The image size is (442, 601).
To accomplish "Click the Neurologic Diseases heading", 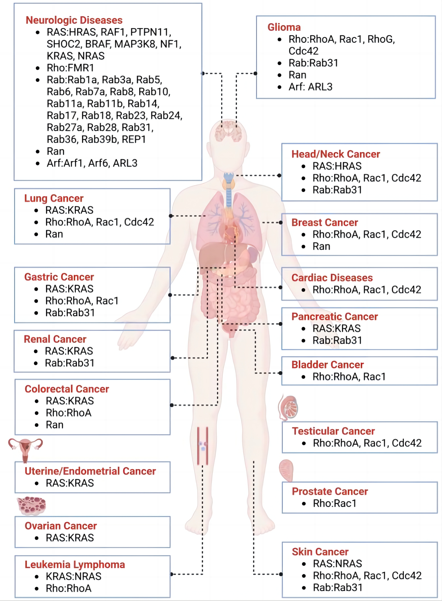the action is (x=74, y=20).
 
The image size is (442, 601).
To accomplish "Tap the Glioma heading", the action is (x=284, y=27).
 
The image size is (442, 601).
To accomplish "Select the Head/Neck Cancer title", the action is (x=336, y=154).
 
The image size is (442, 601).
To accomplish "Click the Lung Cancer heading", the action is (x=54, y=198).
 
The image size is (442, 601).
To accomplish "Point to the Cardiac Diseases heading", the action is (x=332, y=278).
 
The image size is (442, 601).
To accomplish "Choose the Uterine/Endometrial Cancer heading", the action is (x=90, y=471).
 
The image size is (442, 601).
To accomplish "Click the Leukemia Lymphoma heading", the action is (x=75, y=564).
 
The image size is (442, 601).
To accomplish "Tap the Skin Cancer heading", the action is (x=320, y=552).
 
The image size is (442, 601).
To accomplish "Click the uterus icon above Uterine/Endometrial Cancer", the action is (x=25, y=450).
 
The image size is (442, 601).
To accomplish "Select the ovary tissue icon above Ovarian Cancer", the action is (x=31, y=506).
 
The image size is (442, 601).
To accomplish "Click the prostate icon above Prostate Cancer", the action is (x=286, y=470).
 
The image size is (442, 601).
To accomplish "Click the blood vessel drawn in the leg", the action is (x=203, y=446).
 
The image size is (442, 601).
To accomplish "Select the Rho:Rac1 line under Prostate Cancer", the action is (x=335, y=503).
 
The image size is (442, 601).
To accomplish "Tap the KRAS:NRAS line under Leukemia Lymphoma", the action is (x=74, y=576).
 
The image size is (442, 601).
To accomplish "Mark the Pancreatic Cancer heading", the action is (x=335, y=316).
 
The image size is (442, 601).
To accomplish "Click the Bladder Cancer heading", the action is (x=328, y=365).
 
